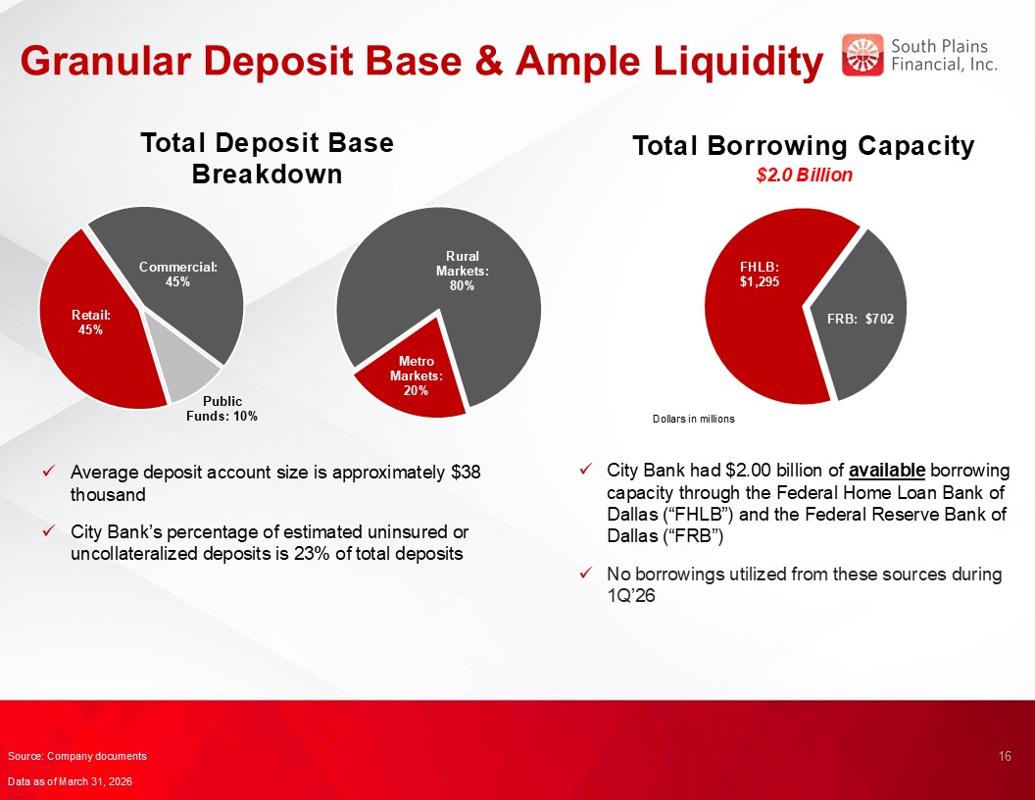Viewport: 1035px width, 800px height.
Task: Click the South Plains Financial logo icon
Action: (862, 55)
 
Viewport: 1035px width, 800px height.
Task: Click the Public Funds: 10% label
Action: (222, 409)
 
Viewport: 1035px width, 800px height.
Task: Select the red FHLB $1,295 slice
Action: (759, 310)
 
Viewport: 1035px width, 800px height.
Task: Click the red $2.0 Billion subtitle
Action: (804, 175)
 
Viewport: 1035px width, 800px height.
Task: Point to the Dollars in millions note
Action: (693, 420)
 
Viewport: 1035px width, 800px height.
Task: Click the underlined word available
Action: (886, 470)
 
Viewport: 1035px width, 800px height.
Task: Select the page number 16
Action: (1005, 756)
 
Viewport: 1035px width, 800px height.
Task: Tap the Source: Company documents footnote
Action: (77, 756)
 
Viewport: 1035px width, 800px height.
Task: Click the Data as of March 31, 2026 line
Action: (70, 781)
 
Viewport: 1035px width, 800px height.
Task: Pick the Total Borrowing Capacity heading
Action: (804, 146)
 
